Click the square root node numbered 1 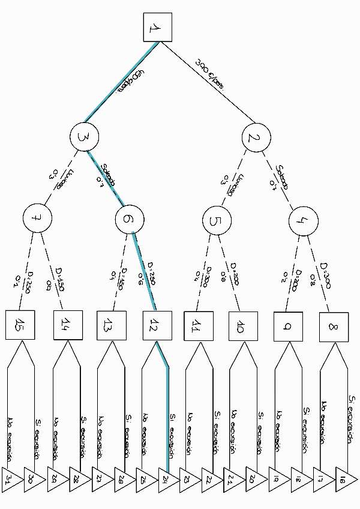pos(157,27)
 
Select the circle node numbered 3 pos(84,137)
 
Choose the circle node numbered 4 pos(302,220)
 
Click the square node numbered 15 pos(22,327)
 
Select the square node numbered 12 pos(156,327)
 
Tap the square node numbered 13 pos(111,327)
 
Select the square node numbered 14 pos(67,325)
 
